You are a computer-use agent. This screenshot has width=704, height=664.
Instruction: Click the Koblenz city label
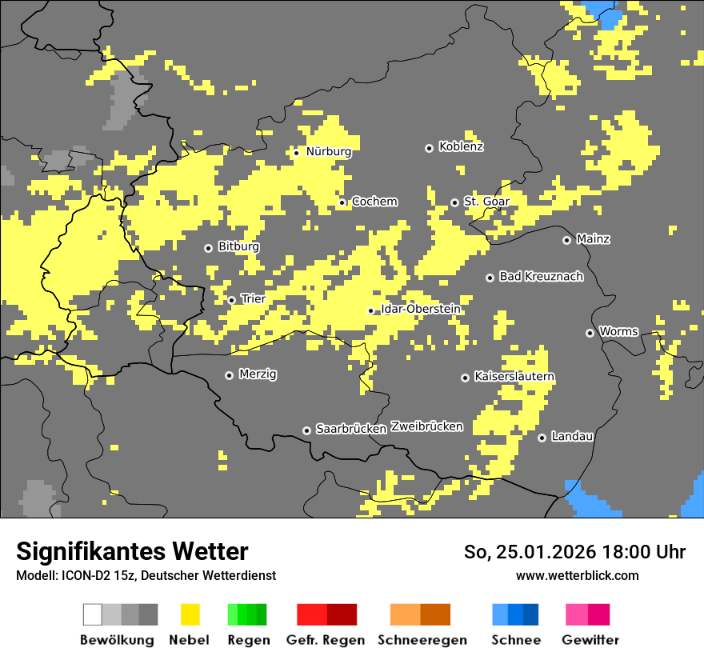pos(461,147)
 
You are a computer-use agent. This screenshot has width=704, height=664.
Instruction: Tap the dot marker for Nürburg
pos(296,153)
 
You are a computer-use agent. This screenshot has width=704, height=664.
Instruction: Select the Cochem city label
pos(374,202)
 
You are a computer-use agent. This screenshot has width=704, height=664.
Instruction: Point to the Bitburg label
pos(238,247)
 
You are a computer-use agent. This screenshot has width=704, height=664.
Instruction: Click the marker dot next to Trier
pos(232,300)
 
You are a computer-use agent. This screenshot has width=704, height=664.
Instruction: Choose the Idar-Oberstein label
pos(420,310)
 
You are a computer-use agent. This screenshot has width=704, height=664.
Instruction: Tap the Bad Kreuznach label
pos(541,277)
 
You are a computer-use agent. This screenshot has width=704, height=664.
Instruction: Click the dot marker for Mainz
pos(567,240)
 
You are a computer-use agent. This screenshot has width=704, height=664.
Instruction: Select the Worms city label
pos(618,332)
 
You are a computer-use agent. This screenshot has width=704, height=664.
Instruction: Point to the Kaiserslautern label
pos(514,377)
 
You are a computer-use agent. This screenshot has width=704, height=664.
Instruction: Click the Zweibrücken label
pos(426,427)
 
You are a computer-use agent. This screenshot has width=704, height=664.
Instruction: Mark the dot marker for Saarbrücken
pos(306,430)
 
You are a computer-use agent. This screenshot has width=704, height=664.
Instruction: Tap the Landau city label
pos(572,437)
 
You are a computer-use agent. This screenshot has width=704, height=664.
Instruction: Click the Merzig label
pos(258,374)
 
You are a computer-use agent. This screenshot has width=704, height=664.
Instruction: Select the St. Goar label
pos(486,202)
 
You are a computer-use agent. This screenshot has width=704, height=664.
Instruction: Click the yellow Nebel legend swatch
pos(190,614)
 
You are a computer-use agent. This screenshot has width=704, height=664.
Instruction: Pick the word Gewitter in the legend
pos(590,640)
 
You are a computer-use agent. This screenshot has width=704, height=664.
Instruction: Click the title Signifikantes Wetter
pos(132,552)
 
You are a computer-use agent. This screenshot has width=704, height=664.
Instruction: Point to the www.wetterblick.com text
pos(578,575)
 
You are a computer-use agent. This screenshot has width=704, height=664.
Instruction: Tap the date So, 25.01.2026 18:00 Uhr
pos(574,552)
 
